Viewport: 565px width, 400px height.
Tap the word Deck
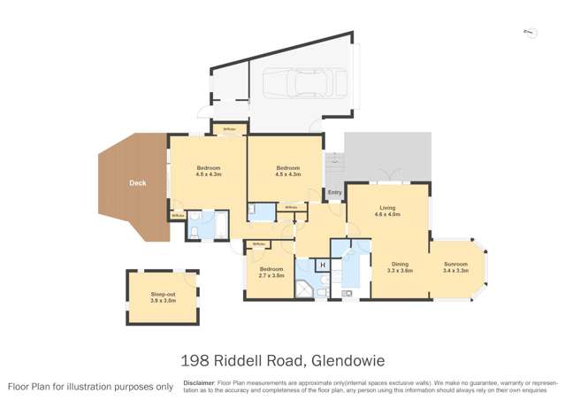pyautogui.click(x=137, y=183)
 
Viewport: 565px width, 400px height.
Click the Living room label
pyautogui.click(x=386, y=209)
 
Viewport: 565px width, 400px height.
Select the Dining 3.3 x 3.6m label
pyautogui.click(x=401, y=266)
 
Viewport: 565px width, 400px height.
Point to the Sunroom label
pyautogui.click(x=455, y=266)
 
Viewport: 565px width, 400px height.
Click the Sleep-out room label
pyautogui.click(x=163, y=297)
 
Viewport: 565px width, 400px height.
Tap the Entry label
pyautogui.click(x=334, y=192)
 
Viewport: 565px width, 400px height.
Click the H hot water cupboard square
pyautogui.click(x=323, y=265)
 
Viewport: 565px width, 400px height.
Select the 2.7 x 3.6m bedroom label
pyautogui.click(x=271, y=272)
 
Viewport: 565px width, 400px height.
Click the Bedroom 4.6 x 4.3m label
pyautogui.click(x=208, y=171)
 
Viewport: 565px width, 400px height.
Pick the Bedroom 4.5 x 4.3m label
pyautogui.click(x=288, y=171)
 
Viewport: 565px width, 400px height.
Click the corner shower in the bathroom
pyautogui.click(x=305, y=288)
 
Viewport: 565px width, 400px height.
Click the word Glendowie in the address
pyautogui.click(x=348, y=360)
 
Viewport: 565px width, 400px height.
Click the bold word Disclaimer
pyautogui.click(x=199, y=383)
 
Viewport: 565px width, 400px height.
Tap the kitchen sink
pyautogui.click(x=348, y=291)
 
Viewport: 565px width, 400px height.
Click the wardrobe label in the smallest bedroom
pyautogui.click(x=259, y=244)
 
